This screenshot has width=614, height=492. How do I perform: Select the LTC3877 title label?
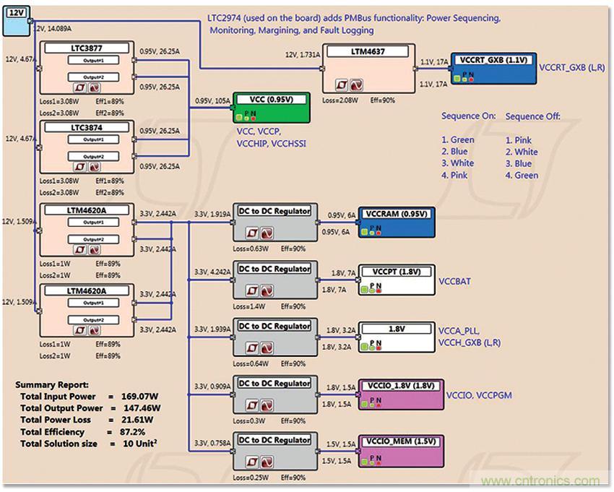pos(87,48)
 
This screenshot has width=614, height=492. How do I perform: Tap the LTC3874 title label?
pos(87,127)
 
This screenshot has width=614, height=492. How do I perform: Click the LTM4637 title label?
pos(368,50)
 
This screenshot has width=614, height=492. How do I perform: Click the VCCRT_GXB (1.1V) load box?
pos(493,69)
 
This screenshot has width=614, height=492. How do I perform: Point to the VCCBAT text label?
pos(454,281)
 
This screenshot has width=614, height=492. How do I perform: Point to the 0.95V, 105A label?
pos(213,101)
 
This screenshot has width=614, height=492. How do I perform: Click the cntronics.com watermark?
pos(540,481)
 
